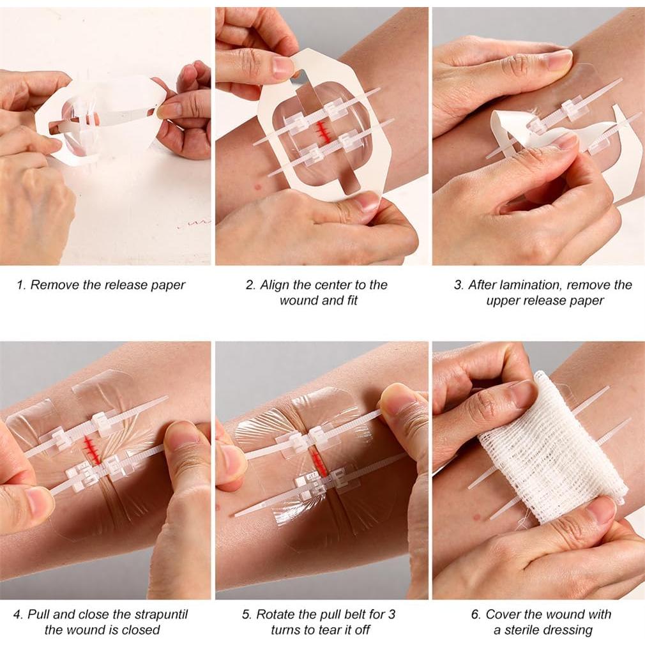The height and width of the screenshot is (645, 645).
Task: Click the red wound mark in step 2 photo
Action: [321, 131]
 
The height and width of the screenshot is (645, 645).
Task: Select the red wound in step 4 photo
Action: [93, 450]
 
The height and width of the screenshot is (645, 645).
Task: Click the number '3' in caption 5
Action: [391, 615]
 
